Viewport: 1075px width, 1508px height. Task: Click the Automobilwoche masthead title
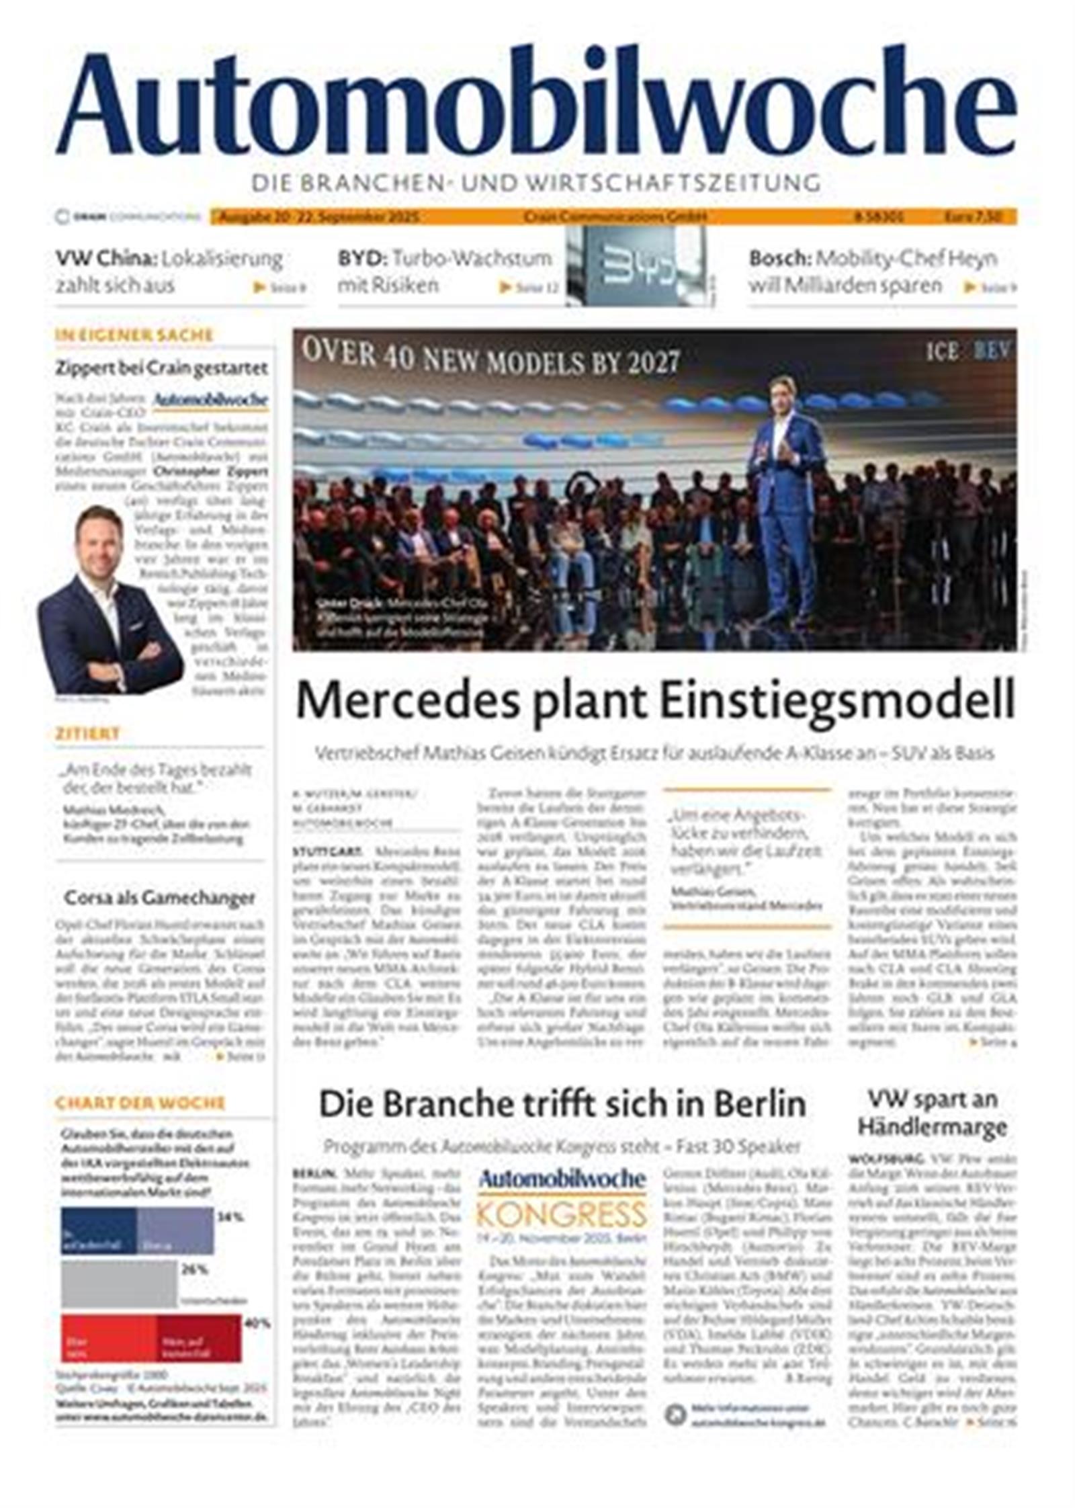pyautogui.click(x=535, y=101)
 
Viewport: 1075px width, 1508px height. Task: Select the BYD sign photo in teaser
pyautogui.click(x=634, y=265)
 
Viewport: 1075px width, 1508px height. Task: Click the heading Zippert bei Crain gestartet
pyautogui.click(x=161, y=368)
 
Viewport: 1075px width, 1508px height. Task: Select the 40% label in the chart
pyautogui.click(x=257, y=1323)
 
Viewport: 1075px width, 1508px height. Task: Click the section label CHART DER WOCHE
pyautogui.click(x=140, y=1103)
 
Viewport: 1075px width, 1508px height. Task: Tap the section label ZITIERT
pyautogui.click(x=87, y=733)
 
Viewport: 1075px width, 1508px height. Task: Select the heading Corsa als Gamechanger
pyautogui.click(x=159, y=897)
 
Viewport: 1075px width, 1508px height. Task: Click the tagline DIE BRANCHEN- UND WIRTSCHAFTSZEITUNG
pyautogui.click(x=535, y=182)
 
